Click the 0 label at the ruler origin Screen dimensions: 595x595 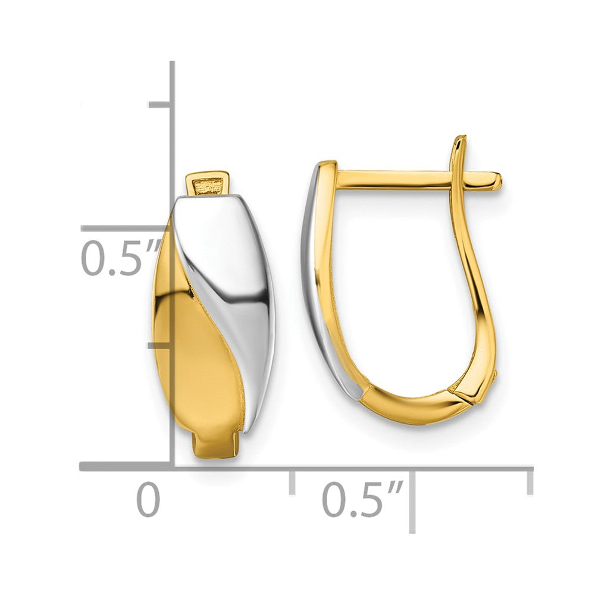[149, 500]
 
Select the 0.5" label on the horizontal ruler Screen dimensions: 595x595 [363, 500]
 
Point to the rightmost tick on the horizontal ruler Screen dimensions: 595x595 [530, 481]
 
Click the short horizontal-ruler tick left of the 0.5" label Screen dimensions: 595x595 [292, 481]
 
